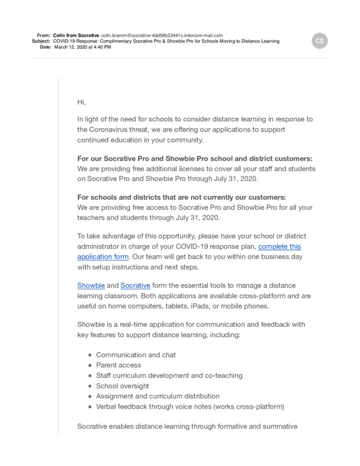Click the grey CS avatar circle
tap(319, 41)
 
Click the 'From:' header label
tap(44, 35)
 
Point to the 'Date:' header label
tap(45, 47)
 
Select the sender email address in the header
tap(162, 35)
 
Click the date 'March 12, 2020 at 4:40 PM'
tap(82, 47)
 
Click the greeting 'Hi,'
tap(82, 103)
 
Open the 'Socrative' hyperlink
tap(135, 285)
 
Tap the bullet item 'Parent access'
tap(118, 365)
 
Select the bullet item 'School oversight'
tap(122, 386)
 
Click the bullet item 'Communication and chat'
tap(136, 355)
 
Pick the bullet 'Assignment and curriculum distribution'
tap(158, 396)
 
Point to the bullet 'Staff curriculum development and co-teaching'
tap(169, 375)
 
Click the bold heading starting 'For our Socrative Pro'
tap(195, 158)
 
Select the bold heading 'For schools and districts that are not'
tap(181, 197)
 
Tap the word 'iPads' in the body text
tap(229, 306)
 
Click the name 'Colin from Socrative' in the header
tap(76, 35)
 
